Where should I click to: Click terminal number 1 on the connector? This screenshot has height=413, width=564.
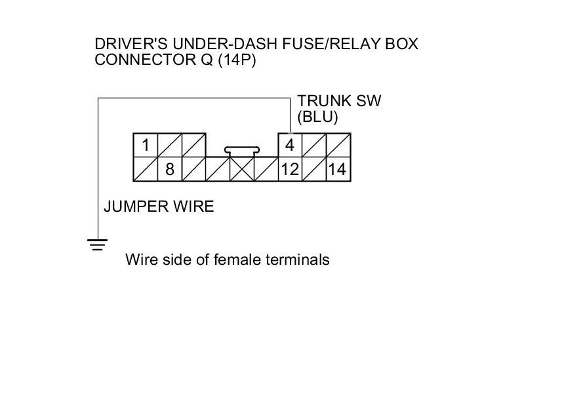point(146,145)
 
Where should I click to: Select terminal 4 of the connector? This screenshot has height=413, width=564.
point(290,145)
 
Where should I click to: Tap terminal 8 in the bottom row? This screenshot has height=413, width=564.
point(169,169)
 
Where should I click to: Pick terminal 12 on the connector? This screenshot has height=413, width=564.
point(290,169)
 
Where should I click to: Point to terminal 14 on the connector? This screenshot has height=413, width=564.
point(337,169)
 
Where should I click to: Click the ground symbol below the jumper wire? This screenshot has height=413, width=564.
point(98,245)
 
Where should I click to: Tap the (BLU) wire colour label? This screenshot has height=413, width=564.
point(317,117)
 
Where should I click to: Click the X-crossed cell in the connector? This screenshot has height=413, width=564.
point(242,169)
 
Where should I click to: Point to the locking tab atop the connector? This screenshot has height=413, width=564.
point(242,150)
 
